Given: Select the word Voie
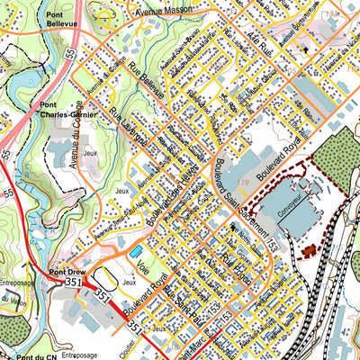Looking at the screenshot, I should [145, 265].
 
